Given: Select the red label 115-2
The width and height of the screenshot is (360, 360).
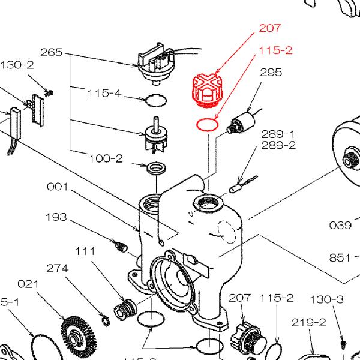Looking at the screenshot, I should [276, 51].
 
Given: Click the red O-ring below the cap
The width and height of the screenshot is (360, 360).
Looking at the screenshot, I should [206, 125].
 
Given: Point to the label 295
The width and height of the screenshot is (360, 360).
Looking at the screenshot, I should [271, 73].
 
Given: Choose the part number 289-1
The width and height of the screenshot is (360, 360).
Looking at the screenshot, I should [278, 133].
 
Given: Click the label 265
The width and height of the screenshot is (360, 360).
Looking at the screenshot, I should [52, 53].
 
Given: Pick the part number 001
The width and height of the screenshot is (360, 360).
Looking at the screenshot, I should [58, 187].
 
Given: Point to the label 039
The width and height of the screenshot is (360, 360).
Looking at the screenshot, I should [340, 225].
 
